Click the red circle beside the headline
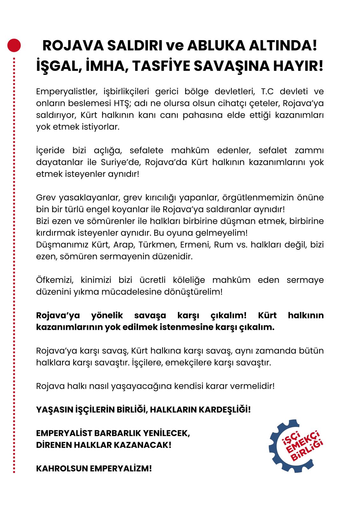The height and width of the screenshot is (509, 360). [14, 45]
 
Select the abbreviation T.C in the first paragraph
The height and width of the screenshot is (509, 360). [267, 92]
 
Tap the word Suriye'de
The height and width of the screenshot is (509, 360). [121, 162]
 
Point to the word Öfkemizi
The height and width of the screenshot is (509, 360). [55, 280]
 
